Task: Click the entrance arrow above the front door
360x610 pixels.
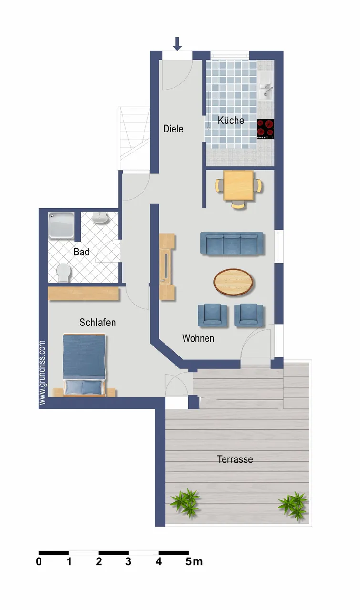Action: pos(177,43)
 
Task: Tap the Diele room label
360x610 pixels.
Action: pos(173,129)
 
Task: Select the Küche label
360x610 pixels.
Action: pos(231,120)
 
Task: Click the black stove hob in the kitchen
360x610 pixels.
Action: pos(265,129)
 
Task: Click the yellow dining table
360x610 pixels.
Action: pos(238,185)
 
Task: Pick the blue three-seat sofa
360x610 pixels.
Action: pos(232,243)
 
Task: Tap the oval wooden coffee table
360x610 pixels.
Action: pos(233,282)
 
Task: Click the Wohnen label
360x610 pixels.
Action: pos(198,338)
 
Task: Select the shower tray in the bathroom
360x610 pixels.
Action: pos(62,225)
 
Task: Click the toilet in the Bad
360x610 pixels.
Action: pos(63,272)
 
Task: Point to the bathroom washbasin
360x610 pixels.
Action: pos(100,218)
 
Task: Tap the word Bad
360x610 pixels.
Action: pos(82,252)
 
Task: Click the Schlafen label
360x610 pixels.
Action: pos(98,323)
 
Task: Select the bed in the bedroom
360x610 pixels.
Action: pos(84,365)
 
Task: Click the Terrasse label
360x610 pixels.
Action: pos(235,459)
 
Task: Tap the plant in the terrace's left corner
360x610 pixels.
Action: pos(185,502)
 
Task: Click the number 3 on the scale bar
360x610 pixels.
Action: pos(128,561)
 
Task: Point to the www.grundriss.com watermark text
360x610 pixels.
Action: pos(42,372)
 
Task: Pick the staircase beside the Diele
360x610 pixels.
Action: pos(133,138)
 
